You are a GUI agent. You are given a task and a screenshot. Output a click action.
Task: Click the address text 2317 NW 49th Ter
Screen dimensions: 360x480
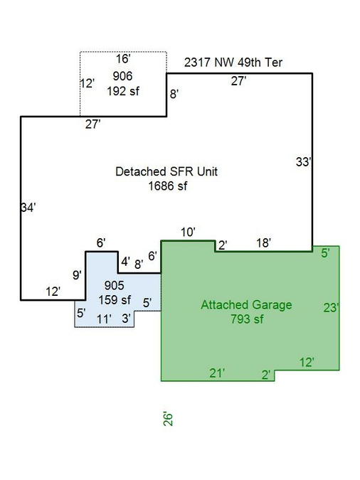tap(233, 63)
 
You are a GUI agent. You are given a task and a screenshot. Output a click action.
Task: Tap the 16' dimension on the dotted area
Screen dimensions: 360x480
tap(123, 58)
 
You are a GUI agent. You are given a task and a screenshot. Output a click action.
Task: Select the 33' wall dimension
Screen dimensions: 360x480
tap(304, 162)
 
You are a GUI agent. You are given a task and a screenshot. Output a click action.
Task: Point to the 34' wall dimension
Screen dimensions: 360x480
tap(28, 208)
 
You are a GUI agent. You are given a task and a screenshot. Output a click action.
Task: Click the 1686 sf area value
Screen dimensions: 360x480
tap(168, 186)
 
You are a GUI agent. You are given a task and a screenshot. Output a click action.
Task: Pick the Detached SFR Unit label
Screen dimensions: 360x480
tap(166, 171)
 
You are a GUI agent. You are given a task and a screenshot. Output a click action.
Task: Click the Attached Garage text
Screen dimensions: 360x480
tap(246, 305)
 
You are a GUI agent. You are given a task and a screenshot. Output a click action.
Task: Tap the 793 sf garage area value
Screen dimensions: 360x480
tap(247, 319)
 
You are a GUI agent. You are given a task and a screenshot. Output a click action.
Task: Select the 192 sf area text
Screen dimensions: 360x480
tap(123, 91)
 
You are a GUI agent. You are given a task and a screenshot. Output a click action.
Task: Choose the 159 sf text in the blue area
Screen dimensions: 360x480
tap(115, 299)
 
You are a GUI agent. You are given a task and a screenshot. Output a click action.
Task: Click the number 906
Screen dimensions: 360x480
tap(122, 76)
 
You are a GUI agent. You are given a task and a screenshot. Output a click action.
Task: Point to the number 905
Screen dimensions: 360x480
tap(115, 285)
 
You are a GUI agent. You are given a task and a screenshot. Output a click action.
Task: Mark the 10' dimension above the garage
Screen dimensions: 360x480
tap(188, 233)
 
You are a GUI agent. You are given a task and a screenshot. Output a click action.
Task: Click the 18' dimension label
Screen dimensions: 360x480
tap(263, 243)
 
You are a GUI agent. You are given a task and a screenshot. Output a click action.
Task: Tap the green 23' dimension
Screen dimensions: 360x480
tap(332, 307)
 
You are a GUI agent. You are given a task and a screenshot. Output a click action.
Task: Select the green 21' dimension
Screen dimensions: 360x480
tap(217, 373)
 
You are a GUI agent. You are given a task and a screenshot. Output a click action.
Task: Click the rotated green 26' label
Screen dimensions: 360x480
tap(168, 418)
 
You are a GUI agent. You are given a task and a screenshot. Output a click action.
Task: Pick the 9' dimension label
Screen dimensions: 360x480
tap(77, 275)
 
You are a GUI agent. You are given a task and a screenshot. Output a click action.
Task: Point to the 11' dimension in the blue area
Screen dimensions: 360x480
tap(104, 319)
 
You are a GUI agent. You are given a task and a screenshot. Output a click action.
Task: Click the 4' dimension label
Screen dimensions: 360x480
tap(125, 262)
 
